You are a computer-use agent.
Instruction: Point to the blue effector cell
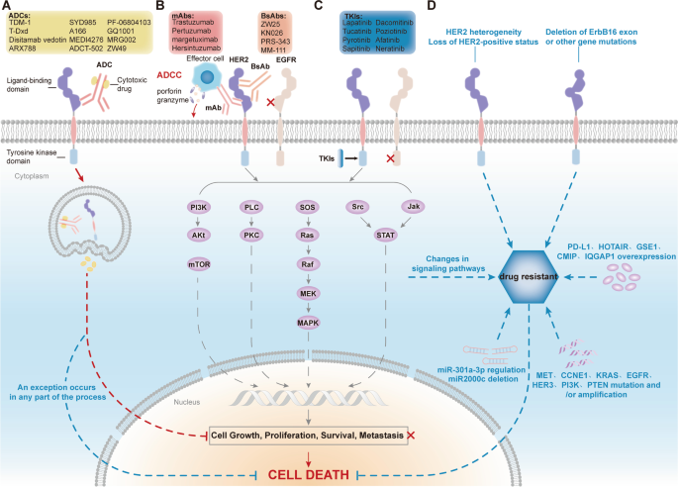tap(207, 79)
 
